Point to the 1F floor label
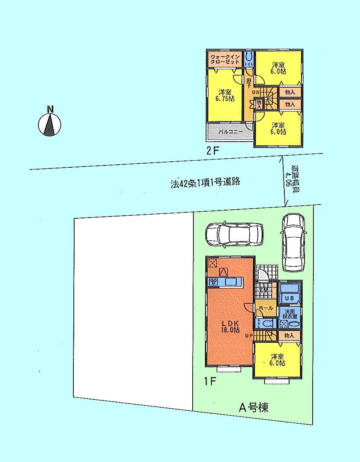209,382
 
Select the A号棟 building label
253,408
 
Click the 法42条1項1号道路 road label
205,182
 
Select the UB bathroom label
290,298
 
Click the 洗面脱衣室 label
290,314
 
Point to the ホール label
265,308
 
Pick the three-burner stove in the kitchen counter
214,282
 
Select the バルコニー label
230,132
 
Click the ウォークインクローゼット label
225,59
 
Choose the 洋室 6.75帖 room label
225,95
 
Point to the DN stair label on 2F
256,92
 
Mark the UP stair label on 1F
249,336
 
